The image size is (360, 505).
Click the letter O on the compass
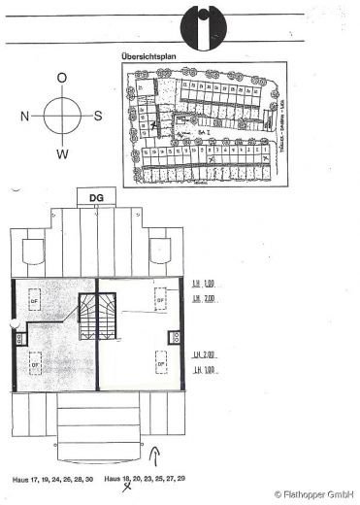[x=62, y=77]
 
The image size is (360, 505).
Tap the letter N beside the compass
[x=24, y=115]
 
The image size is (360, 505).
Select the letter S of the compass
[x=99, y=115]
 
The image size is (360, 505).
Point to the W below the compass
[x=62, y=153]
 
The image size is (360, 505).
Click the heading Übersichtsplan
[x=147, y=57]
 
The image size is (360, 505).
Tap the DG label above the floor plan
[x=96, y=197]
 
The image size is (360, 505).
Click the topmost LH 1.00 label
[x=203, y=283]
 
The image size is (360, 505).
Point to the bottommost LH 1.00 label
[x=203, y=371]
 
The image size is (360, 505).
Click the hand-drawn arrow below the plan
[x=157, y=456]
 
